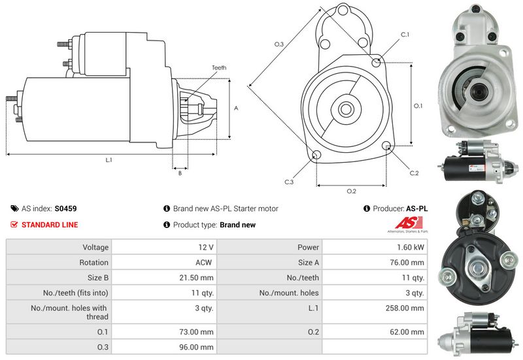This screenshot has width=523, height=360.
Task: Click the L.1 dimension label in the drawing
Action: [109, 160]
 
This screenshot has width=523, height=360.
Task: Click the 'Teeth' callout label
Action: [219, 68]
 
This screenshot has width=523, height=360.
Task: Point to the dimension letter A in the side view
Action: [235, 108]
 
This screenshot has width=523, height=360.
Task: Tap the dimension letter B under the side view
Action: [180, 174]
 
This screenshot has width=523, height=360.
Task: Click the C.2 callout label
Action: [414, 173]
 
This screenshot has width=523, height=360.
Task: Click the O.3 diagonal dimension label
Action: [278, 44]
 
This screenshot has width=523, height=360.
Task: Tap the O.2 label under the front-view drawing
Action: [351, 191]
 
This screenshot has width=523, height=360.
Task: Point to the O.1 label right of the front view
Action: [418, 106]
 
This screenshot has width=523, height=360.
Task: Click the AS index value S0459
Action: [65, 209]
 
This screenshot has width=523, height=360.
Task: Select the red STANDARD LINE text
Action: [50, 225]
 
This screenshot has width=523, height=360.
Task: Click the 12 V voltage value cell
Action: [207, 248]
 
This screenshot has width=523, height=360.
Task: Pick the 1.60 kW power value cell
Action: [411, 248]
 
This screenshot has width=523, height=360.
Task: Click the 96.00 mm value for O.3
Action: [198, 346]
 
